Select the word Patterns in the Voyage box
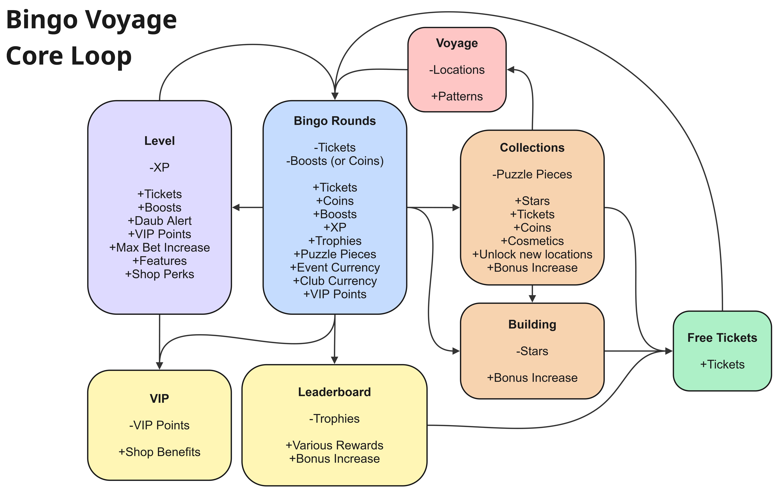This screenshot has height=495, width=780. click(x=460, y=96)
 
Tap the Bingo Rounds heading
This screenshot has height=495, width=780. click(x=335, y=121)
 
